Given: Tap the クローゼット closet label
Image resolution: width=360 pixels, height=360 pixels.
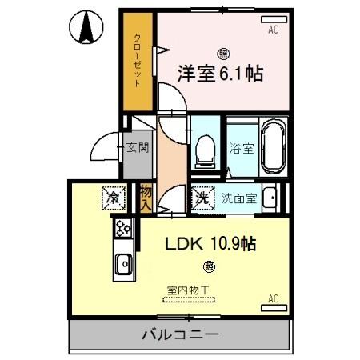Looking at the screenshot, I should [138, 61].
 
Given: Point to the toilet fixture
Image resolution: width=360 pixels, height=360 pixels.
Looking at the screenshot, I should [206, 149].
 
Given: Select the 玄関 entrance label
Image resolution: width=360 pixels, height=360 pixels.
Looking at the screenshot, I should [137, 147].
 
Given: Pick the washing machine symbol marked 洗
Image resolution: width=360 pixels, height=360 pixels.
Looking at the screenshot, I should [204, 197].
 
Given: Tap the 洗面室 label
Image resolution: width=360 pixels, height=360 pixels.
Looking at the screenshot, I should [238, 198].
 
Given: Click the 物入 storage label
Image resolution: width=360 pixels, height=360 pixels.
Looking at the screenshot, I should [146, 197].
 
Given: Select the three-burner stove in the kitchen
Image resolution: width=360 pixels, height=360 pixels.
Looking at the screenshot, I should [124, 229].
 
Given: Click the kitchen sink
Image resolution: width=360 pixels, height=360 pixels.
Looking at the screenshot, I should [124, 262].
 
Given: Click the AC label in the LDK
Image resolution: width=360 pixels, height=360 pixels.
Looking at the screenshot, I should [274, 299].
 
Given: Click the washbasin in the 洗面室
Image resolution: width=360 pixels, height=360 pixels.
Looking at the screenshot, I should [272, 197].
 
